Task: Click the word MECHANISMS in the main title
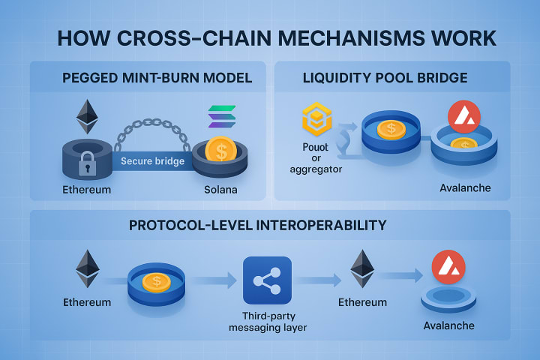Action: pyautogui.click(x=331, y=37)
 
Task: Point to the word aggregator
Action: pyautogui.click(x=316, y=170)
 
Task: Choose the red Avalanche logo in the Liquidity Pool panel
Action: pyautogui.click(x=463, y=116)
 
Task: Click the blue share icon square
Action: pyautogui.click(x=267, y=280)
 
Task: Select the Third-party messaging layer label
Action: pyautogui.click(x=268, y=321)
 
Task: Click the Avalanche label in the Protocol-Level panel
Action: pyautogui.click(x=448, y=326)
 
